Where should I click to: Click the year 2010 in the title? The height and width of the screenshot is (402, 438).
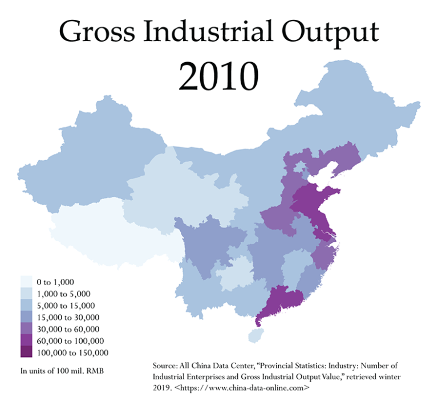click(218, 75)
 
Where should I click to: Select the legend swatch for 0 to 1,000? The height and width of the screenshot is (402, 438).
click(26, 282)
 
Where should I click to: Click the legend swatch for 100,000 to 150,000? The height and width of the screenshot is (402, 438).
click(26, 353)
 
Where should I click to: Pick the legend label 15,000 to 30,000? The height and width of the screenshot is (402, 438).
click(68, 317)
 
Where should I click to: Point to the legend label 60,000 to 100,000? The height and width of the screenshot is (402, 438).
click(70, 341)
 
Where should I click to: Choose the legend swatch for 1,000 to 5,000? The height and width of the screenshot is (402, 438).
click(26, 294)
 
